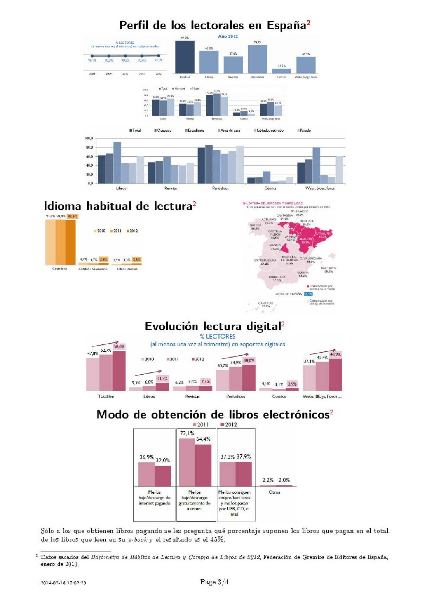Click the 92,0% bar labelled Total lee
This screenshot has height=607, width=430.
pyautogui.click(x=184, y=57)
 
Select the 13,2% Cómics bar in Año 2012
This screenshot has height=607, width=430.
pyautogui.click(x=282, y=71)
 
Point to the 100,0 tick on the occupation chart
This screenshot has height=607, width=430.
pyautogui.click(x=88, y=139)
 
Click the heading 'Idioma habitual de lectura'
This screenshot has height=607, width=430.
pyautogui.click(x=118, y=206)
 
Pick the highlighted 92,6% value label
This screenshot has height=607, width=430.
pyautogui.click(x=72, y=216)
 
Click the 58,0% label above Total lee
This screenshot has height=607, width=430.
pyautogui.click(x=119, y=346)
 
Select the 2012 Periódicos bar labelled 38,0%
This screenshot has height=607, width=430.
pyautogui.click(x=249, y=378)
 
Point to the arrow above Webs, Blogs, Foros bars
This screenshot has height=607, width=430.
pyautogui.click(x=322, y=352)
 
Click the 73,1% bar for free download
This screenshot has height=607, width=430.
pyautogui.click(x=187, y=462)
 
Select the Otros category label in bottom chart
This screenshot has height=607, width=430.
pyautogui.click(x=274, y=492)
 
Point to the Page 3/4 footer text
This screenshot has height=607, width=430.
pyautogui.click(x=214, y=582)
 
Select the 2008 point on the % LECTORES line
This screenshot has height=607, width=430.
pyautogui.click(x=92, y=56)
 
